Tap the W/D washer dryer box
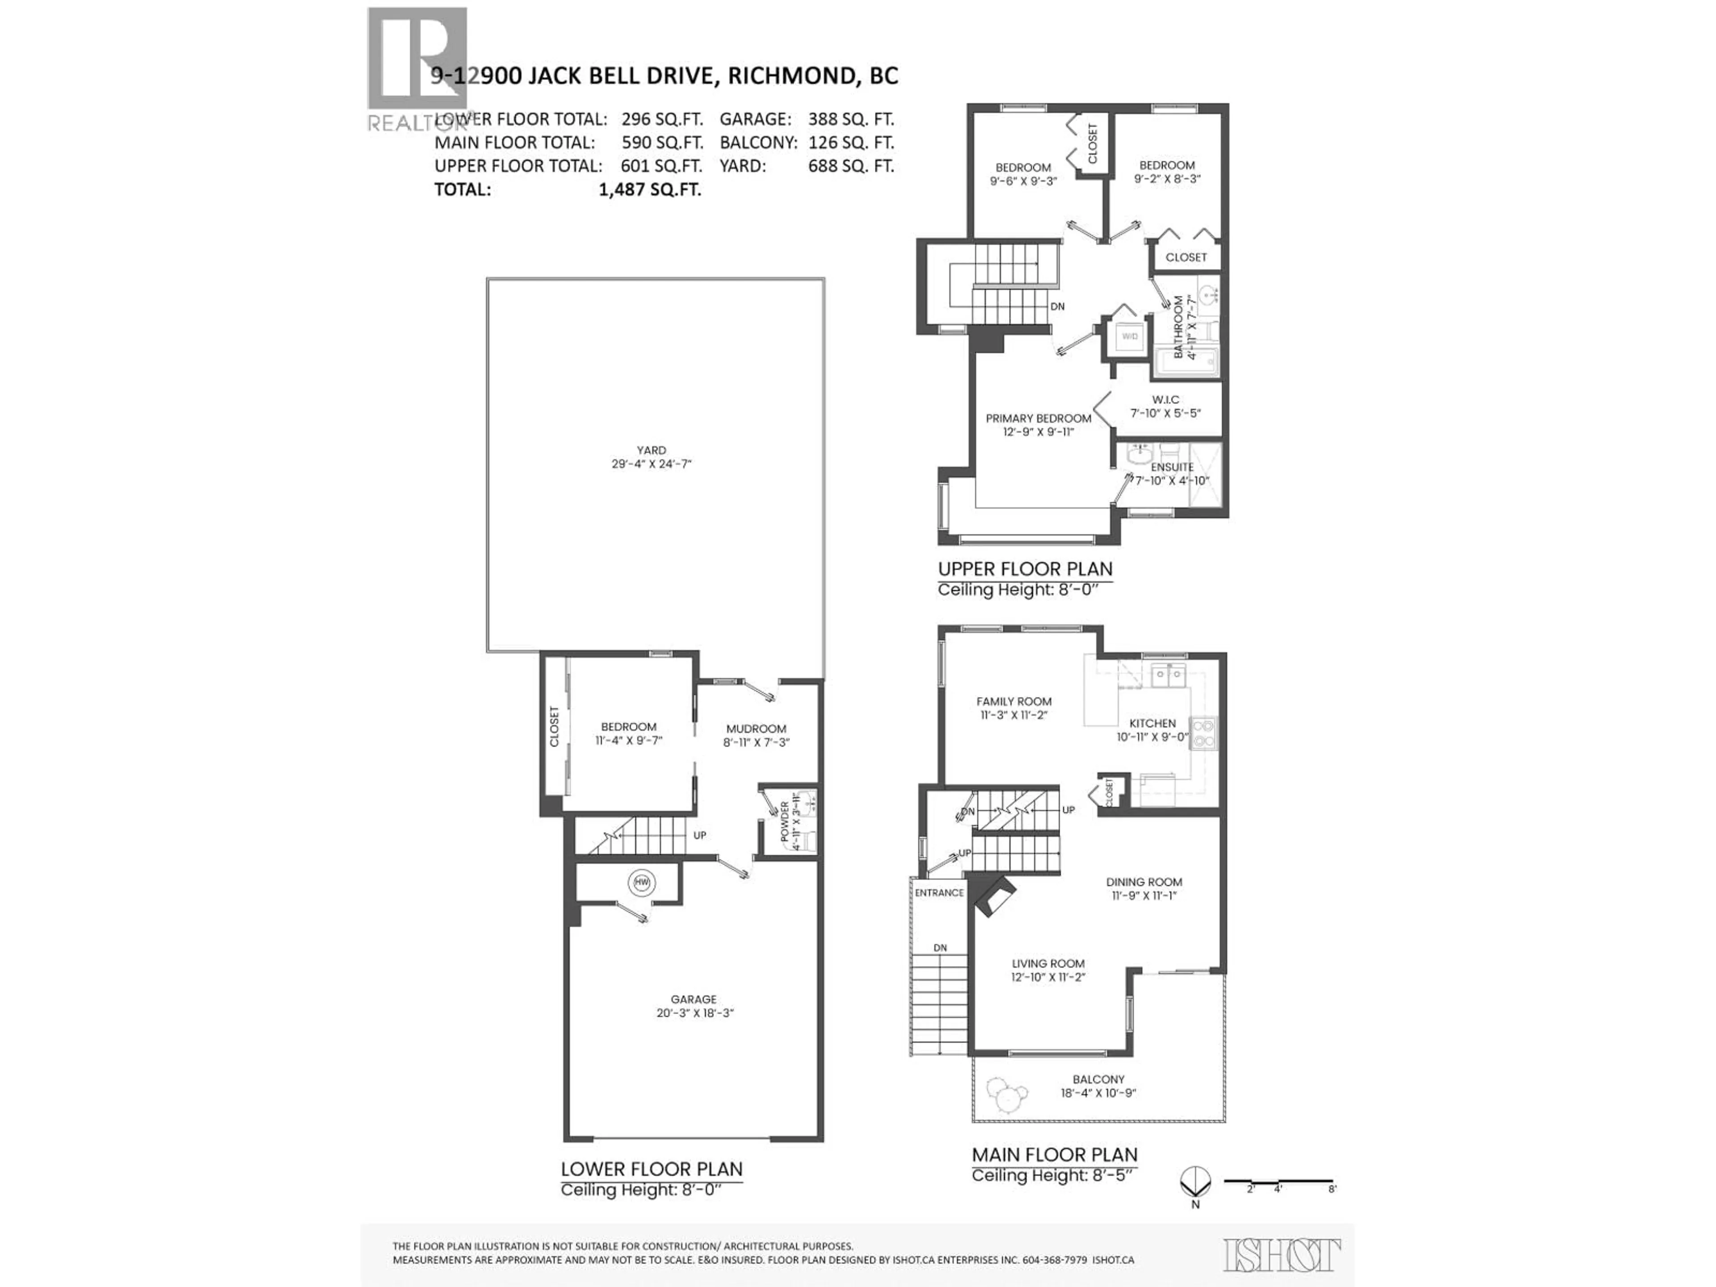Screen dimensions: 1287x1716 click(1130, 336)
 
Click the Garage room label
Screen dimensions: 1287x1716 click(694, 999)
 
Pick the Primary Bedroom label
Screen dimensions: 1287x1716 click(1038, 418)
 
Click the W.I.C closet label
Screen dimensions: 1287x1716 click(1165, 400)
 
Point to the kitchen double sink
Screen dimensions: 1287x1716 click(1168, 675)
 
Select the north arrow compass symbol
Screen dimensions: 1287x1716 click(1195, 1183)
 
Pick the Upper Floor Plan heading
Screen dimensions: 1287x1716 click(1025, 568)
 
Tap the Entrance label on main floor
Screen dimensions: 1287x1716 click(939, 893)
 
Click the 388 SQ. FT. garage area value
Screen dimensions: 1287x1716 click(851, 119)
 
